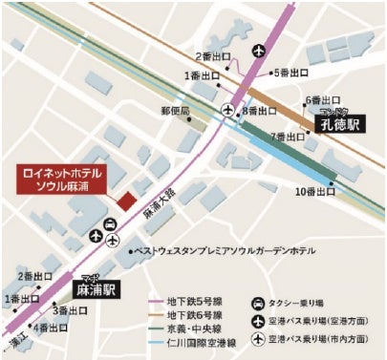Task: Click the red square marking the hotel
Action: [x=123, y=199]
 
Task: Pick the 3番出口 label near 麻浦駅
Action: [x=71, y=310]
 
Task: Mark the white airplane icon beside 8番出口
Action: [x=227, y=112]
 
